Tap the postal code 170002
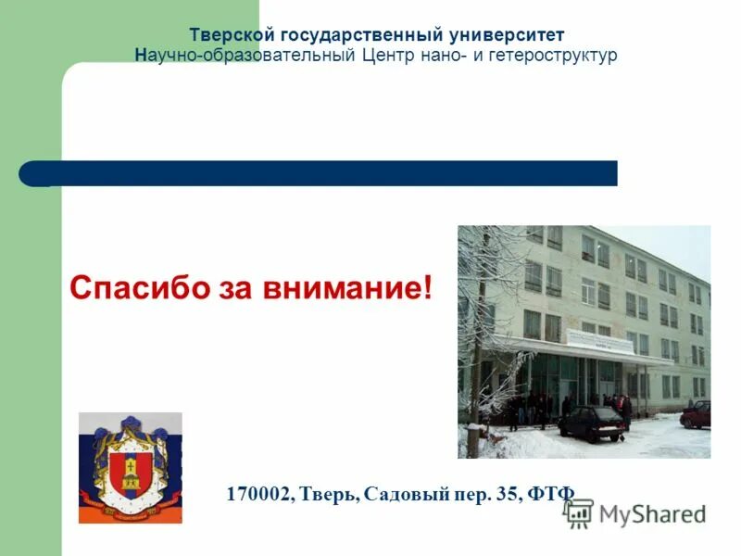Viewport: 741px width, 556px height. (257, 494)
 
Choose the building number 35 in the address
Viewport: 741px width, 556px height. (506, 494)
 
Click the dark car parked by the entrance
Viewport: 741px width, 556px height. (592, 423)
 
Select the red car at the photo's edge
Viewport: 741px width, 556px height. (697, 414)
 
